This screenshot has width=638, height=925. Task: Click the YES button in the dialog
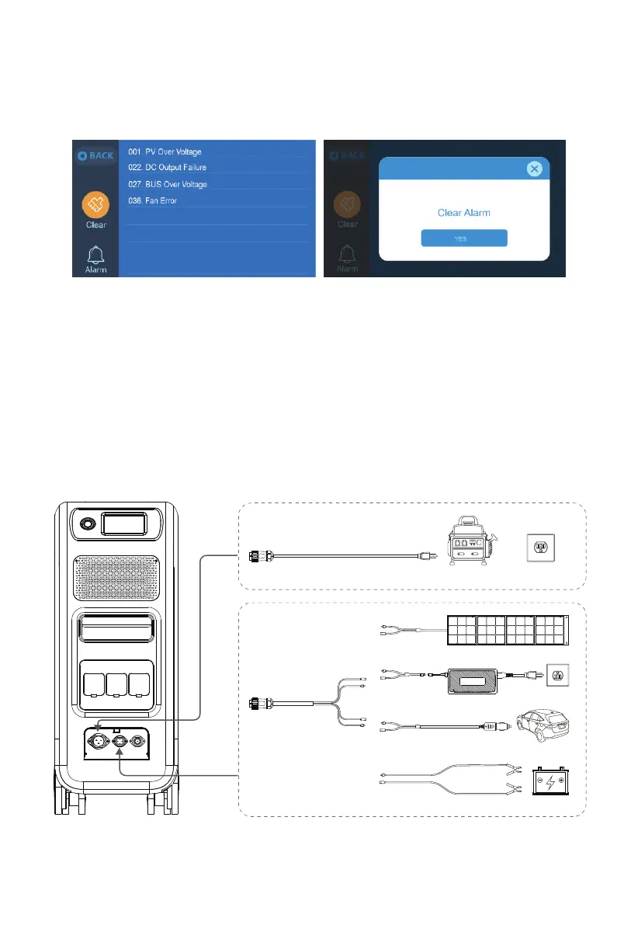click(464, 238)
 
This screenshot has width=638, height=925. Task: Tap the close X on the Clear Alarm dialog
click(533, 169)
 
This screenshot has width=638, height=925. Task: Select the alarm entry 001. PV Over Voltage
click(165, 152)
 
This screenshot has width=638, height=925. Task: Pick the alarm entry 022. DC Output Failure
click(167, 168)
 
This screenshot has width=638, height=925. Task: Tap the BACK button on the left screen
click(95, 155)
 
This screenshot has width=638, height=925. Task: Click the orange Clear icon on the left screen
click(96, 205)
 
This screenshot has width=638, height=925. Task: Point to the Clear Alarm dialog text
click(464, 212)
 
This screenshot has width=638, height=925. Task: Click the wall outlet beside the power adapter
click(557, 675)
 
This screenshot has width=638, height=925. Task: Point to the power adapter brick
click(471, 676)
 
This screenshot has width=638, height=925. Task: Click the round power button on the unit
click(85, 525)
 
